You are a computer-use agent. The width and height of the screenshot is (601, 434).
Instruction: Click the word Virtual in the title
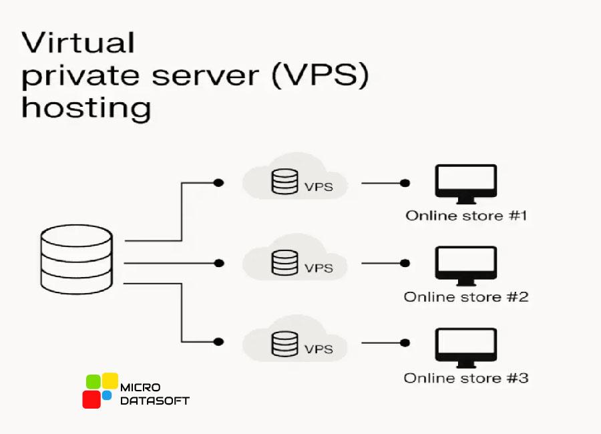click(78, 43)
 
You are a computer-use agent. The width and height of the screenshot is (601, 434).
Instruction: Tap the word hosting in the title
click(86, 107)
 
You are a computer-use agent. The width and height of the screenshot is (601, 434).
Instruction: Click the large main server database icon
click(76, 258)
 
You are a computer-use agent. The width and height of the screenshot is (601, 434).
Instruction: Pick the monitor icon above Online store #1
click(465, 184)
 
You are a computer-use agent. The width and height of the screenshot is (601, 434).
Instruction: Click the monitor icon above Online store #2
click(465, 265)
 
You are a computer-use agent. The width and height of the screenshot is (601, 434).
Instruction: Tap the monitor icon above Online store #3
click(465, 347)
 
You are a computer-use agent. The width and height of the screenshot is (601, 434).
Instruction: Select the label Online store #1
click(466, 216)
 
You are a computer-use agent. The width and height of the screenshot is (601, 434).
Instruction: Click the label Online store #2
click(466, 296)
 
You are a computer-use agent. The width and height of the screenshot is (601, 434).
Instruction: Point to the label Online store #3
click(466, 378)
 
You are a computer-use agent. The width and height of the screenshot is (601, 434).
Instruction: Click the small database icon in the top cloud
click(284, 182)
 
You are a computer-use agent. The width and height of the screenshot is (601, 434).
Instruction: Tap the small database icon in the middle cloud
click(284, 262)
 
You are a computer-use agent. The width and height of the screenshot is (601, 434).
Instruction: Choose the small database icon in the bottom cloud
click(284, 343)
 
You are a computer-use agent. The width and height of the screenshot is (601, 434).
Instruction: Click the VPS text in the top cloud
click(319, 188)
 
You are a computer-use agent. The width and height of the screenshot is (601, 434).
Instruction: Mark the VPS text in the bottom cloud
click(319, 349)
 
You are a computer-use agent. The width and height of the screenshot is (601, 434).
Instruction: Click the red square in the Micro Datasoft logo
click(91, 399)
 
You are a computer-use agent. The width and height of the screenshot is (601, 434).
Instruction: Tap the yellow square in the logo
click(110, 381)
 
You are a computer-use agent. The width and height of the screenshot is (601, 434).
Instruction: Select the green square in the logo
click(93, 383)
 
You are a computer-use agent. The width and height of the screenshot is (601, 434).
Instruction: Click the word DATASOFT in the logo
click(154, 401)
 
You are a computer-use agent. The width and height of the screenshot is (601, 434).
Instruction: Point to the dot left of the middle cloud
click(218, 264)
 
